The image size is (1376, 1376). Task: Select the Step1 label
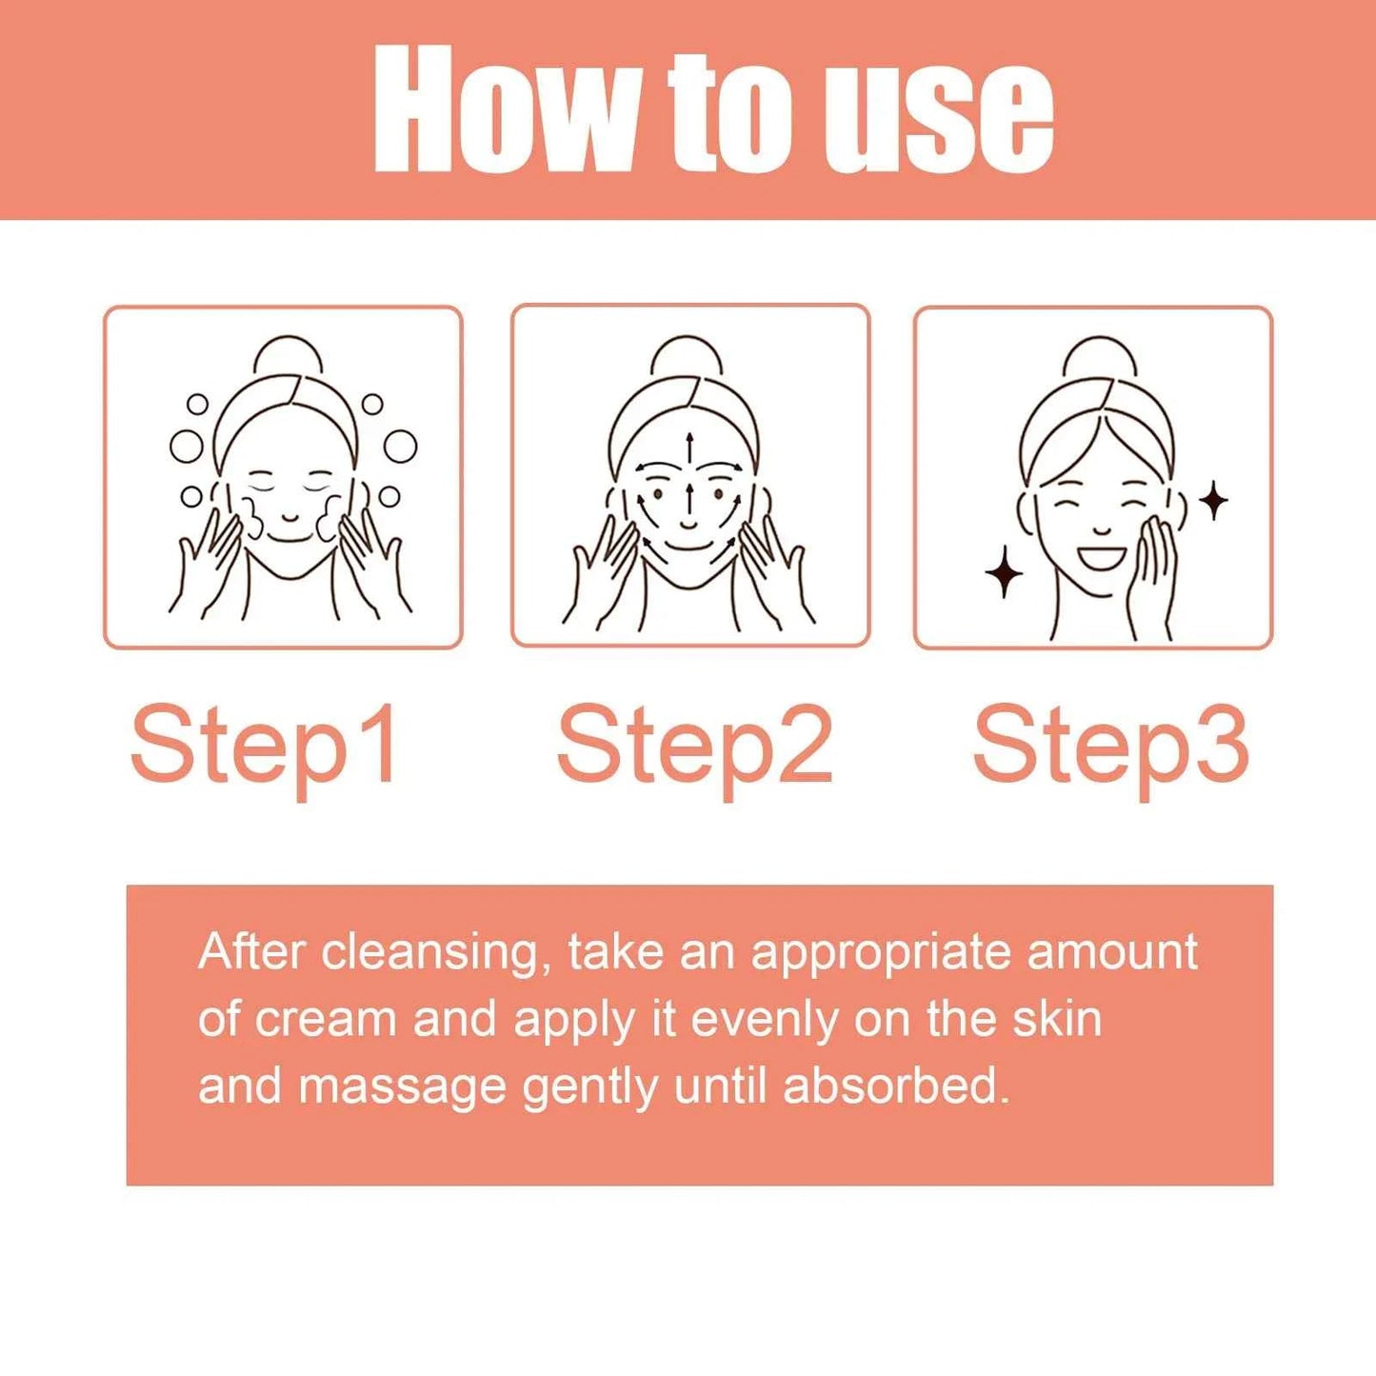click(265, 746)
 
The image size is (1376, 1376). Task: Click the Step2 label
click(694, 746)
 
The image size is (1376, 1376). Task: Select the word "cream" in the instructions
click(326, 1019)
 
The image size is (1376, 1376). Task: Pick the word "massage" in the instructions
click(402, 1087)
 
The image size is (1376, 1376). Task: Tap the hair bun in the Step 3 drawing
click(1100, 357)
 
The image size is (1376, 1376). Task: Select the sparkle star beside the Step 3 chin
click(1004, 572)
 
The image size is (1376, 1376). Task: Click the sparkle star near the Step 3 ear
click(1213, 501)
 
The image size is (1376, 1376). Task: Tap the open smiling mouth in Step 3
click(1101, 556)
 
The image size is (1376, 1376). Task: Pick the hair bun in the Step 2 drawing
click(687, 356)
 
